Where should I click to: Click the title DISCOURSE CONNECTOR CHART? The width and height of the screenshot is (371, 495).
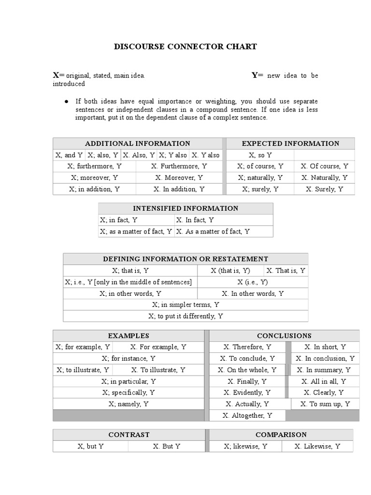185,47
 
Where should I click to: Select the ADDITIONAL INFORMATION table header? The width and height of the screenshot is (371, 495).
137,144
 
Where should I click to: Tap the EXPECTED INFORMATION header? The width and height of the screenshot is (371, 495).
290,144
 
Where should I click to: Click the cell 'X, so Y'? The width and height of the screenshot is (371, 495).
260,155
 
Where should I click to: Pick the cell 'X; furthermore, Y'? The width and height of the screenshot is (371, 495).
95,166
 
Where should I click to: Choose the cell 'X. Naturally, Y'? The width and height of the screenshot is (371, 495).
324,178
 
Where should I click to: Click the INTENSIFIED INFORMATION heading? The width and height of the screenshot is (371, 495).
185,209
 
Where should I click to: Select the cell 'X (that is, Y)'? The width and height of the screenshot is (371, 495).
230,271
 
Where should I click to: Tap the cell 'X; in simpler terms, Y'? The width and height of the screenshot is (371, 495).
185,305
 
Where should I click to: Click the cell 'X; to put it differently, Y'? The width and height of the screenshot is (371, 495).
185,316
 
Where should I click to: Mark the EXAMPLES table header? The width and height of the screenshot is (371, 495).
128,336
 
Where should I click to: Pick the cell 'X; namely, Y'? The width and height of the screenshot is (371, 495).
128,404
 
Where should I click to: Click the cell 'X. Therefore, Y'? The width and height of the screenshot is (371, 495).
247,347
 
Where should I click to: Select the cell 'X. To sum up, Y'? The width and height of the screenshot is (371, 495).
325,404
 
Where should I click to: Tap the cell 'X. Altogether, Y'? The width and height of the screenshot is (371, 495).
247,416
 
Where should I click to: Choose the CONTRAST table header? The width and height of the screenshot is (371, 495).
128,435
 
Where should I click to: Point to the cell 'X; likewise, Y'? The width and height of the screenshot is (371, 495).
245,447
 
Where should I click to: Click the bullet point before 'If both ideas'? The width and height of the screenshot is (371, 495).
66,102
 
